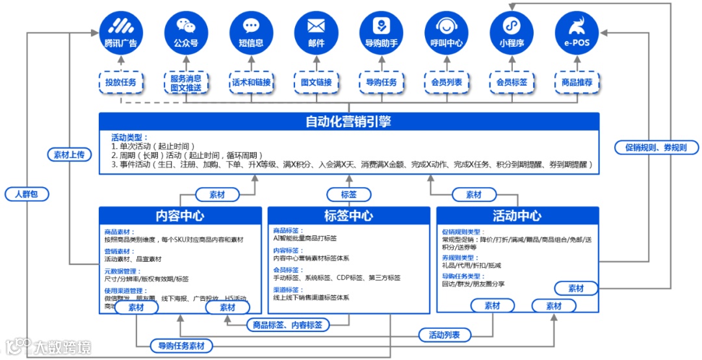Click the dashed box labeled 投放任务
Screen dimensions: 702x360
click(x=121, y=83)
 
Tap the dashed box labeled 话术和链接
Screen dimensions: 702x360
click(x=251, y=83)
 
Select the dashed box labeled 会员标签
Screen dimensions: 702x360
click(x=511, y=83)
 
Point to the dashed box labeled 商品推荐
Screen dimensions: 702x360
click(x=576, y=83)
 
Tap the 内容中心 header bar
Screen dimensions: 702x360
click(x=180, y=216)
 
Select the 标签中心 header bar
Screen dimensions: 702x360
click(x=348, y=216)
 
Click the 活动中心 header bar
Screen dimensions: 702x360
click(x=517, y=216)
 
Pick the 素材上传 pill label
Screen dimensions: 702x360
click(x=68, y=155)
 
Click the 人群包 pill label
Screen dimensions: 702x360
click(x=27, y=194)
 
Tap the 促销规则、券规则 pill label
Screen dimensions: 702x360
click(x=656, y=148)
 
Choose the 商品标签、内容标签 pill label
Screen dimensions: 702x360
click(x=287, y=324)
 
